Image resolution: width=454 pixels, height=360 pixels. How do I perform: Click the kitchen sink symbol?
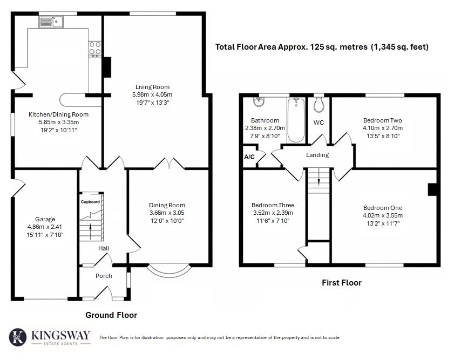(52, 22)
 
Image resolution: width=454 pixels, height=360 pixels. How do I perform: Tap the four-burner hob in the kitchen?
(95, 49)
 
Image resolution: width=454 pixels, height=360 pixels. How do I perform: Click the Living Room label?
(152, 86)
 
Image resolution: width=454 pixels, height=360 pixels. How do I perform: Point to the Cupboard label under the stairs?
(90, 202)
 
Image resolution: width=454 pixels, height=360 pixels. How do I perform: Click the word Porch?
(104, 276)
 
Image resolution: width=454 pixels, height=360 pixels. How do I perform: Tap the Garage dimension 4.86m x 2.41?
(45, 227)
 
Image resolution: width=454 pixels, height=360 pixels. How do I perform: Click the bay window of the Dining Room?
(169, 270)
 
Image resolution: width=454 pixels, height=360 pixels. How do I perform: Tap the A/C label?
(249, 157)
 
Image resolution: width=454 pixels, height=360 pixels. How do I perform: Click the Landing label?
(317, 155)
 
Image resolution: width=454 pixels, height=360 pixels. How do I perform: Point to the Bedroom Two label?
(382, 120)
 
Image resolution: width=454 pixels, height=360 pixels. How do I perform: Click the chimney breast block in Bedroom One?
(432, 189)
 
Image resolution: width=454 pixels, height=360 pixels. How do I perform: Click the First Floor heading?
(341, 282)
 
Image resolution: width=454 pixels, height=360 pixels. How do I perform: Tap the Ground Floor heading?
(111, 315)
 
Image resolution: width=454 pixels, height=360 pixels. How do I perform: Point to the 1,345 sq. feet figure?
(399, 47)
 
